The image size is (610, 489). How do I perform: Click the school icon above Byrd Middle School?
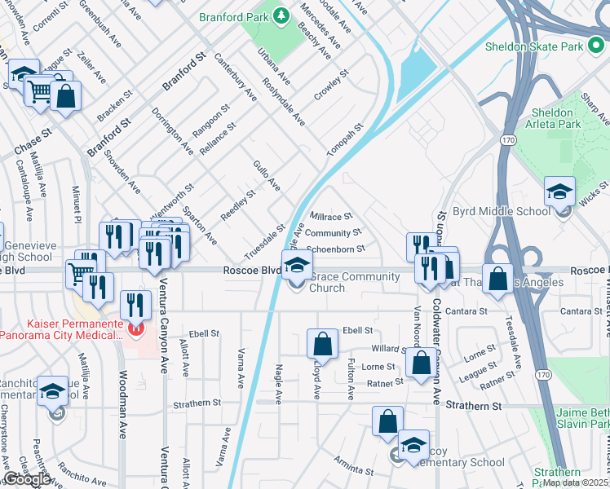click(559, 192)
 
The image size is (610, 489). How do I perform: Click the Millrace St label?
click(331, 217)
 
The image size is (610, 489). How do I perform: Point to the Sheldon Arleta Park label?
click(555, 117)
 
